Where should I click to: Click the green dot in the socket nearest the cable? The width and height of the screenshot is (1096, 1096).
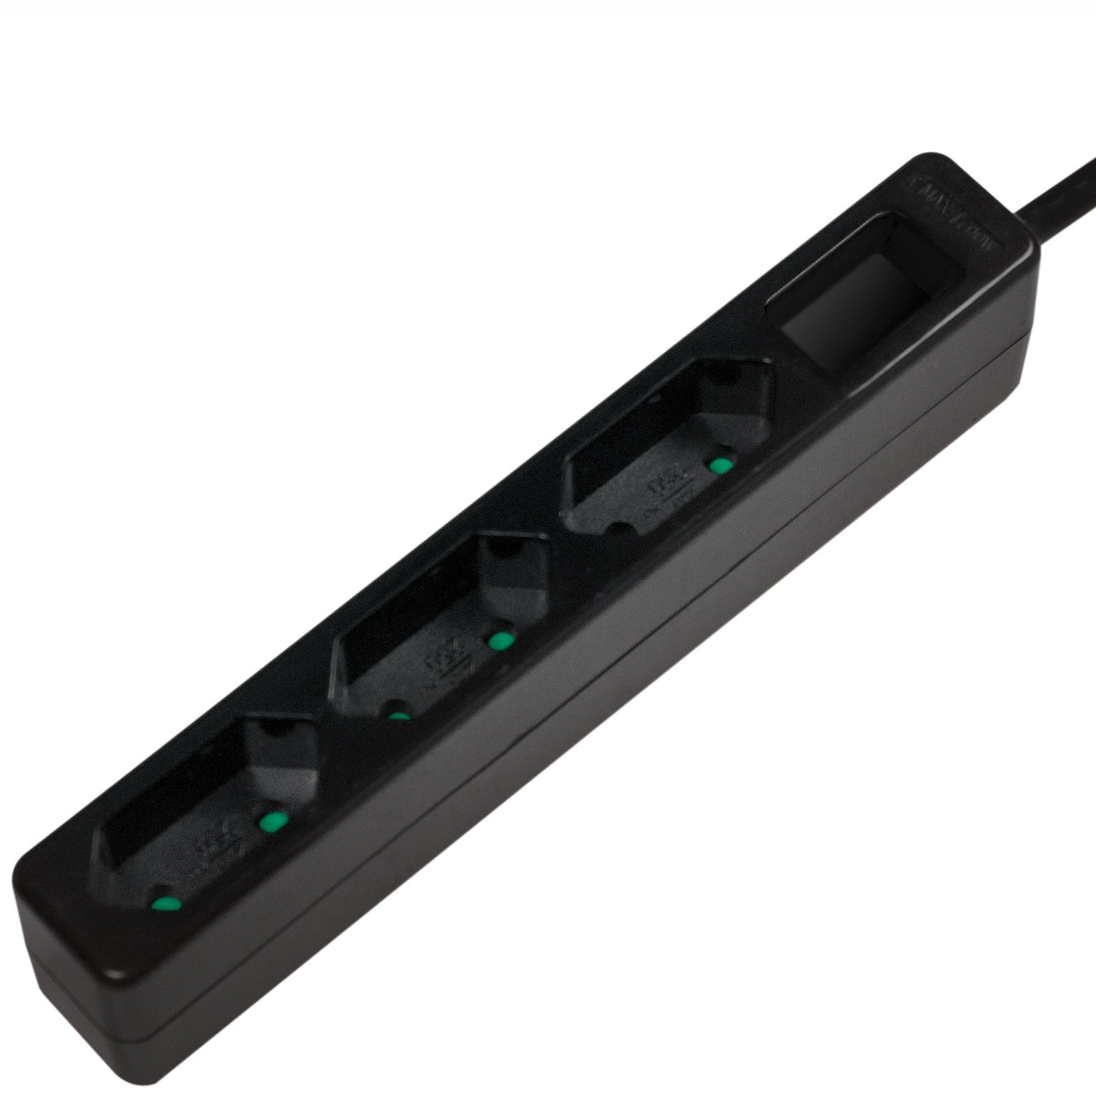(x=721, y=466)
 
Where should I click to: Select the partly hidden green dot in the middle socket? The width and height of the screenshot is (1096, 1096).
(x=398, y=715)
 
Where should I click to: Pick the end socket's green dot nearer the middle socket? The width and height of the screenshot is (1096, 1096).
(x=272, y=821)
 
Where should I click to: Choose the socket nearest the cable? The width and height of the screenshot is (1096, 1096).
(x=669, y=446)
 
